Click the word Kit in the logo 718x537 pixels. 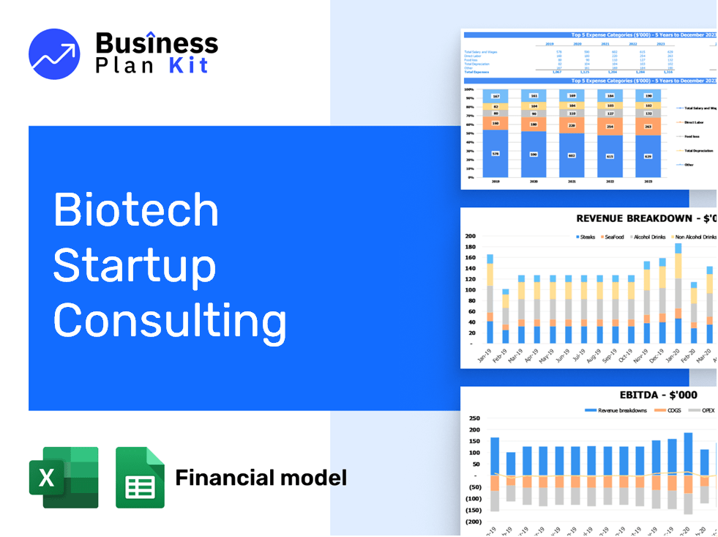tap(188, 65)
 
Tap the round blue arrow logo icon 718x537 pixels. tap(54, 54)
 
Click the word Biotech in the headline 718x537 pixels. tap(136, 210)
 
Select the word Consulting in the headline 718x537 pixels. tap(170, 321)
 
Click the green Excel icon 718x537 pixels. tap(63, 477)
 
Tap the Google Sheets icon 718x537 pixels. tap(140, 477)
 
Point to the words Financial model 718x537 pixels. tap(261, 478)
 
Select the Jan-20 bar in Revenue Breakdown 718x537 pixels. tap(678, 293)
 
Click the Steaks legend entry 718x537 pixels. tap(586, 237)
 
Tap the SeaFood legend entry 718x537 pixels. tap(613, 237)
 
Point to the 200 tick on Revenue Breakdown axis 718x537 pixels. tap(470, 237)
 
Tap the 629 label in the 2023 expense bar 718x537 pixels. tap(648, 155)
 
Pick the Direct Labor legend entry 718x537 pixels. tap(693, 122)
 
